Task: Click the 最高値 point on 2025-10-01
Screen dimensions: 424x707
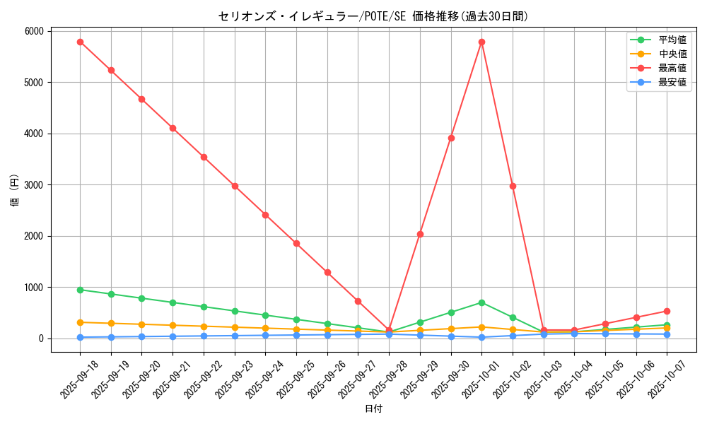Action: pos(481,42)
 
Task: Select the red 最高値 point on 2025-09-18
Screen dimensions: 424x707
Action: pos(80,42)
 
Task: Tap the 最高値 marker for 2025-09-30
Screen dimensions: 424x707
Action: pos(451,138)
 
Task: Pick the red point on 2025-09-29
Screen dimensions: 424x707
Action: pos(420,234)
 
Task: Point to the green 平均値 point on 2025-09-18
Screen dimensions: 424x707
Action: pos(80,290)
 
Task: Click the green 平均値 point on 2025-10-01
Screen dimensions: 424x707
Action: pos(481,302)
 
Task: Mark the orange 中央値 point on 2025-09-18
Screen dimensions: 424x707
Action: pos(80,322)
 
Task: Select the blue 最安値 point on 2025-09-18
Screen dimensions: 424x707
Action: pos(80,337)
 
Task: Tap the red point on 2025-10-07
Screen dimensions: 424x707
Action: pos(667,311)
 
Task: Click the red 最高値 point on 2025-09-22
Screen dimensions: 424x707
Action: pos(204,157)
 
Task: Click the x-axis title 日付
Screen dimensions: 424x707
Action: pos(373,409)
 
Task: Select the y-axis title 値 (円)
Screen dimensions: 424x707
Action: pos(14,191)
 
